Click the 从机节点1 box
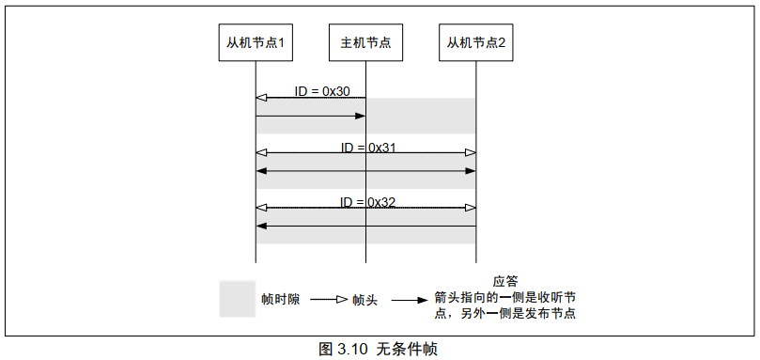pyautogui.click(x=256, y=42)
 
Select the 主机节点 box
pyautogui.click(x=365, y=42)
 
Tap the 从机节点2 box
pyautogui.click(x=475, y=42)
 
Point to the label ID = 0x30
pyautogui.click(x=322, y=91)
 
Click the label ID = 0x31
pyautogui.click(x=369, y=148)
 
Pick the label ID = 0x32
pyautogui.click(x=369, y=202)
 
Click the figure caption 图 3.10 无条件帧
pyautogui.click(x=379, y=349)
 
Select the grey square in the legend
pyautogui.click(x=238, y=299)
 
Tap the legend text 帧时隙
pyautogui.click(x=281, y=300)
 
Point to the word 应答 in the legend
pyautogui.click(x=505, y=281)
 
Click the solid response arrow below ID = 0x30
pyautogui.click(x=310, y=116)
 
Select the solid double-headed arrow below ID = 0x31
pyautogui.click(x=365, y=171)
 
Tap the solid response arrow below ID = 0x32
pyautogui.click(x=365, y=226)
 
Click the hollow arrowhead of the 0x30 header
pyautogui.click(x=262, y=97)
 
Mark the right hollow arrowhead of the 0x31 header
pyautogui.click(x=470, y=152)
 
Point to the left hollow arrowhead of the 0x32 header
pyautogui.click(x=262, y=208)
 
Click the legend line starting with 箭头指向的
pyautogui.click(x=504, y=297)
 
